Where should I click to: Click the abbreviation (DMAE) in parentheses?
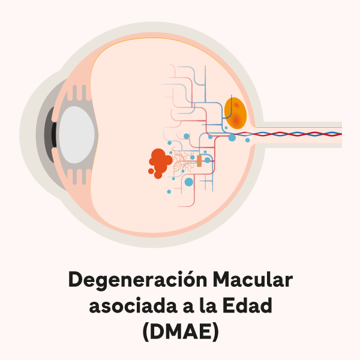click(180, 332)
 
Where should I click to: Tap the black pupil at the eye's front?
click(54, 133)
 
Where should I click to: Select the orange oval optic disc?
click(235, 112)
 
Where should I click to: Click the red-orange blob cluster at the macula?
click(160, 163)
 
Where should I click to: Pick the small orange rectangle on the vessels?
click(199, 161)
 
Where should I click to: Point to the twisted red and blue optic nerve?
click(300, 133)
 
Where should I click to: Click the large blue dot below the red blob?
click(189, 182)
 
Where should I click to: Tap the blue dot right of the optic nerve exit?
click(247, 140)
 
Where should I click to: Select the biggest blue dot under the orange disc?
click(232, 138)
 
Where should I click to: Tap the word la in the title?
click(206, 306)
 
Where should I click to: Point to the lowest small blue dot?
click(169, 191)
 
